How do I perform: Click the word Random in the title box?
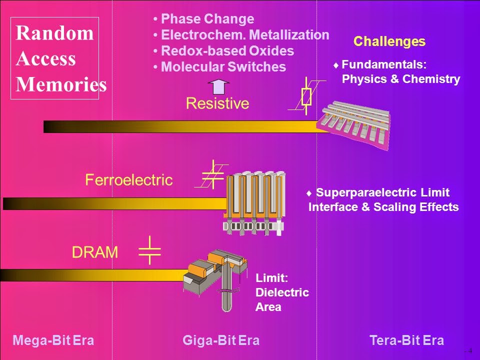click(x=54, y=33)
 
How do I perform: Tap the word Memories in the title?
click(x=61, y=84)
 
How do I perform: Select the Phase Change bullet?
click(x=207, y=19)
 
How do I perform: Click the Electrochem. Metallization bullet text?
click(x=245, y=35)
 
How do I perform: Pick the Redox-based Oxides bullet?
click(x=227, y=51)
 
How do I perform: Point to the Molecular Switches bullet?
click(x=223, y=67)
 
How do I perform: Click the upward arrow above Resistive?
click(x=218, y=86)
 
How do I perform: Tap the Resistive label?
click(x=217, y=103)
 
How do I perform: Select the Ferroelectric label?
click(x=129, y=180)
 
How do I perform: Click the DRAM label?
click(x=95, y=253)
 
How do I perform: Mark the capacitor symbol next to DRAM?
click(x=149, y=249)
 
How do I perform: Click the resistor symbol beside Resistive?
click(x=306, y=96)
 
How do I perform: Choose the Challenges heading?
click(x=389, y=41)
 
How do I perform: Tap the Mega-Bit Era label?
click(x=53, y=341)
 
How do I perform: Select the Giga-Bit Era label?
click(x=221, y=341)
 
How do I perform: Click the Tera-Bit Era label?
click(x=406, y=341)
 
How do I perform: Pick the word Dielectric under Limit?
click(x=282, y=292)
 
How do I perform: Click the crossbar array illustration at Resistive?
click(x=354, y=124)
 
